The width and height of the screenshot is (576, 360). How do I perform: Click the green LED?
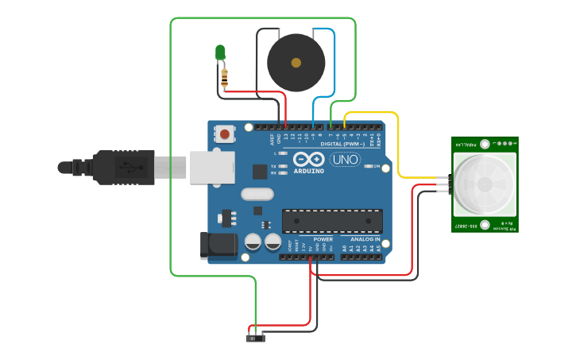tap(220, 52)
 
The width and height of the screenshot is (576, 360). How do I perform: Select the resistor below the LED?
tap(224, 76)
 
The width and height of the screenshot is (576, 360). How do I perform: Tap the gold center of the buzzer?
tap(296, 62)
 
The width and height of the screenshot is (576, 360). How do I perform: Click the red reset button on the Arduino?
tap(226, 134)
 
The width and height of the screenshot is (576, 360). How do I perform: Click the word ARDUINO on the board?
tap(308, 171)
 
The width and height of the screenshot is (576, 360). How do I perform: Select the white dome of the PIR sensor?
tap(485, 183)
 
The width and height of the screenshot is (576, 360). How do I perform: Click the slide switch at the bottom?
tap(255, 338)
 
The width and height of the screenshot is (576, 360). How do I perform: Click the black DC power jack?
tap(218, 245)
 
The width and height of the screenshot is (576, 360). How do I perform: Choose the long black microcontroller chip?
tap(332, 221)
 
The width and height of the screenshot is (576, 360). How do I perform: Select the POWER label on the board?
tap(323, 239)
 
